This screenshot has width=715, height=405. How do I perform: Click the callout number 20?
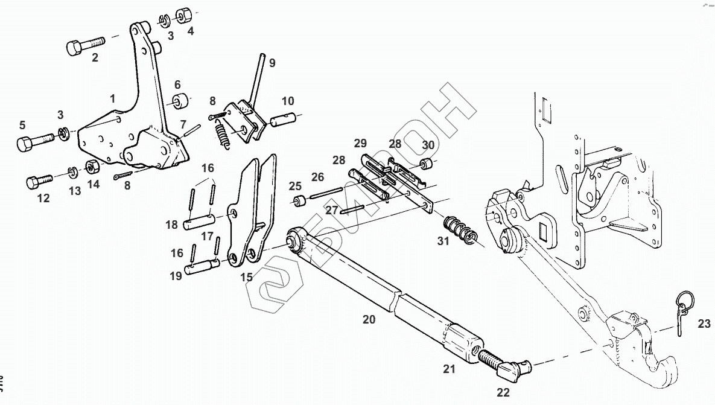click(x=369, y=319)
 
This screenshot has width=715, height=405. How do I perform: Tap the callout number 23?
click(x=704, y=324)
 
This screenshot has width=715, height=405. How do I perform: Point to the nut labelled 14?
click(x=92, y=166)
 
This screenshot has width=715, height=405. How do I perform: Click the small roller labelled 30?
click(x=427, y=163)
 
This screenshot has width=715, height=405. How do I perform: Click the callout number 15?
click(x=246, y=278)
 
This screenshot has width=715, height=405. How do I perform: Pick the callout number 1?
click(x=112, y=97)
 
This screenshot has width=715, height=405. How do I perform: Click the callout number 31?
click(x=443, y=242)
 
